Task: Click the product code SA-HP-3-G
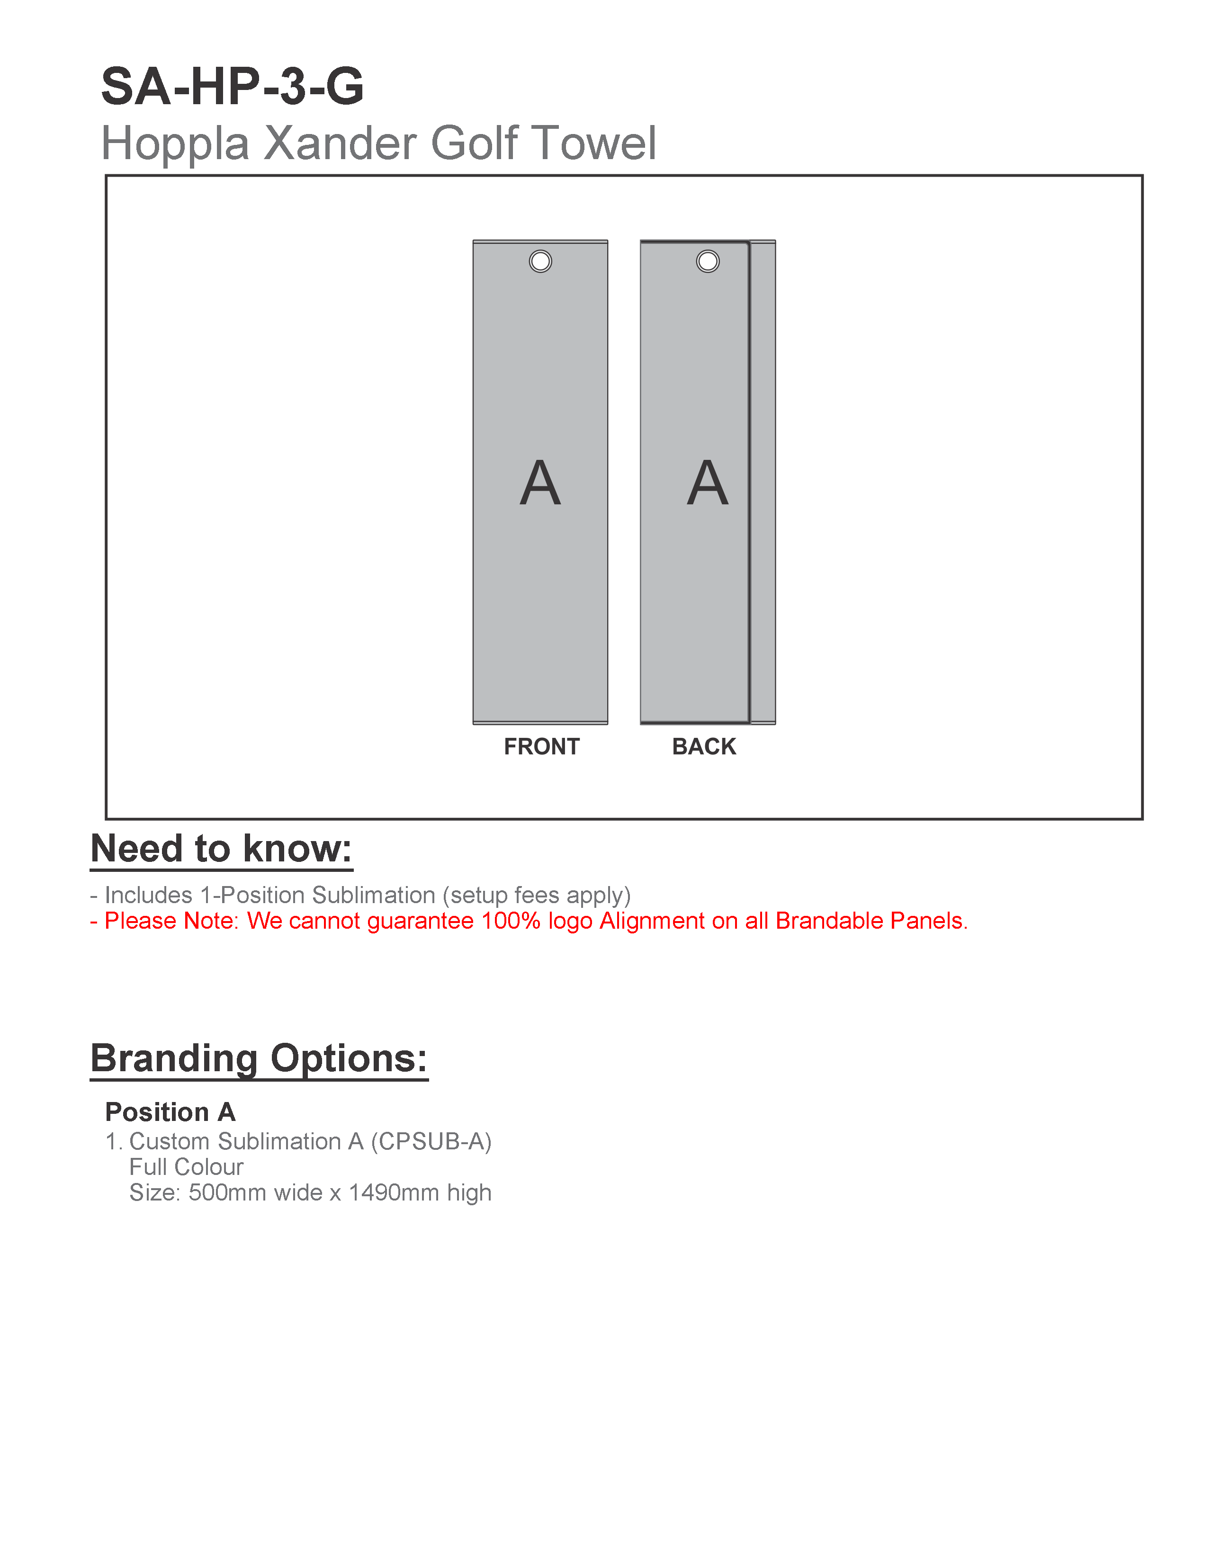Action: pyautogui.click(x=232, y=87)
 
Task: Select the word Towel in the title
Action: pyautogui.click(x=596, y=143)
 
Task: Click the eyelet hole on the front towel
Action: pyautogui.click(x=540, y=261)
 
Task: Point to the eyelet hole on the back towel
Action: pyautogui.click(x=707, y=261)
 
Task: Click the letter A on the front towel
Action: pyautogui.click(x=540, y=483)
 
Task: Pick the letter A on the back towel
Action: pyautogui.click(x=707, y=483)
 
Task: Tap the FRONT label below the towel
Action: pyautogui.click(x=541, y=747)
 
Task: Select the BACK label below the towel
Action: pyautogui.click(x=704, y=747)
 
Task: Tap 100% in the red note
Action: pyautogui.click(x=511, y=921)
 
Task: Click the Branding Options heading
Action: pyautogui.click(x=259, y=1058)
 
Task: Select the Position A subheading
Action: pyautogui.click(x=170, y=1112)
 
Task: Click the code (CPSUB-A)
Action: pyautogui.click(x=431, y=1141)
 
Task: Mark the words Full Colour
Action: pyautogui.click(x=186, y=1167)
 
